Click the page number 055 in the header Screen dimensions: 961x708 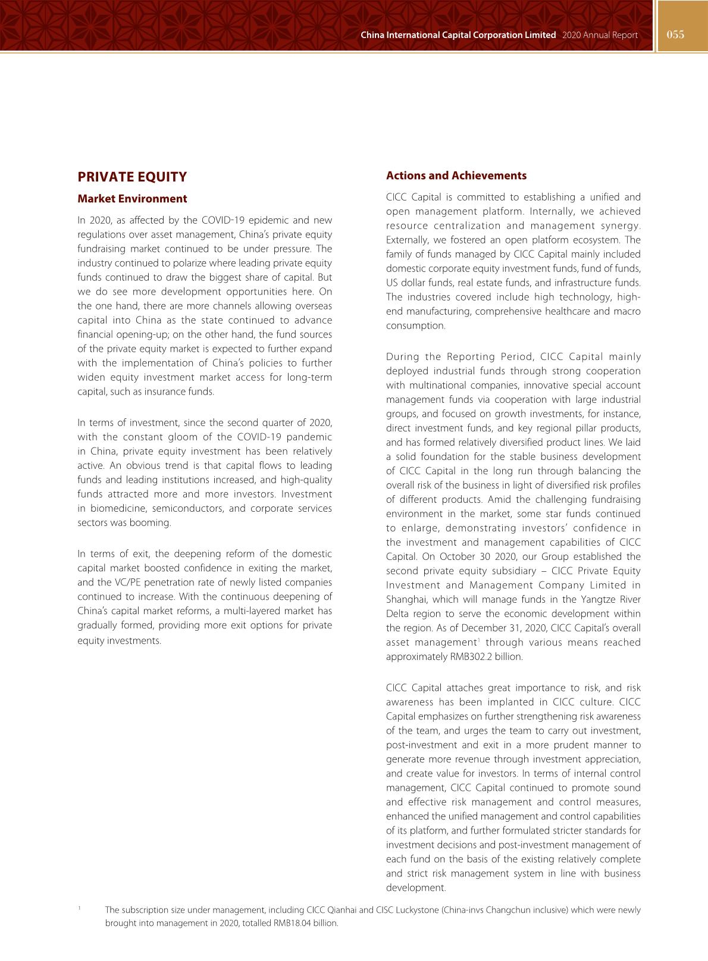pos(675,35)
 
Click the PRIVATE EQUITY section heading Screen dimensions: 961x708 pos(132,177)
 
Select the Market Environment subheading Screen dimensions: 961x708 pos(132,199)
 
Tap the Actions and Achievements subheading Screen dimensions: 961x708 pos(456,176)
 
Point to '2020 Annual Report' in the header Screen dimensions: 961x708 pos(599,35)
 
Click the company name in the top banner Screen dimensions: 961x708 pos(458,35)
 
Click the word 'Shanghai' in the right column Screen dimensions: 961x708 pos(405,599)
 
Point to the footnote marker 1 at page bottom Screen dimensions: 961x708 pos(79,908)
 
